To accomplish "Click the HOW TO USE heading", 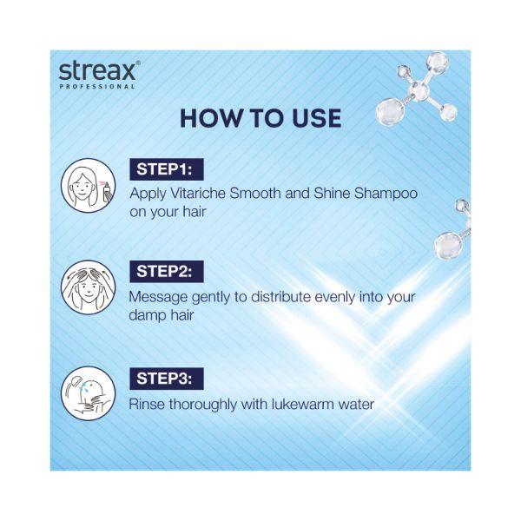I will pos(260,118).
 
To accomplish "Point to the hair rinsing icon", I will pos(89,393).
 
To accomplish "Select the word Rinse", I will pos(147,405).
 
